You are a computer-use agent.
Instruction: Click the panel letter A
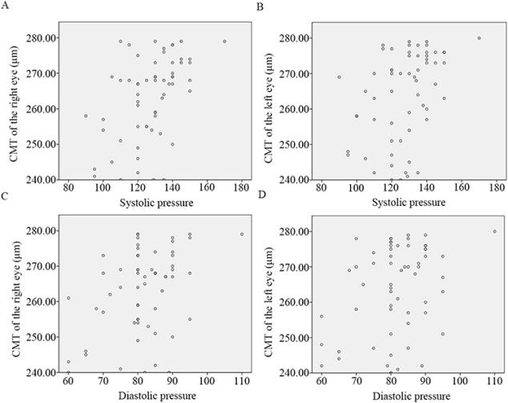[x=8, y=6]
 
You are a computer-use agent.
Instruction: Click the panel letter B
[x=260, y=6]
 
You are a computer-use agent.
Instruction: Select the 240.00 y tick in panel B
[x=293, y=179]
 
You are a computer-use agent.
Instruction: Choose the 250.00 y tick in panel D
[x=293, y=337]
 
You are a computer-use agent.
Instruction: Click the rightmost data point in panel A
[x=224, y=41]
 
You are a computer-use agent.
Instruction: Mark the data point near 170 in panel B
[x=479, y=38]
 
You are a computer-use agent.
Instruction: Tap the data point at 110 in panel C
[x=241, y=234]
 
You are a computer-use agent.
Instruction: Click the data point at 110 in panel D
[x=494, y=232]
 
